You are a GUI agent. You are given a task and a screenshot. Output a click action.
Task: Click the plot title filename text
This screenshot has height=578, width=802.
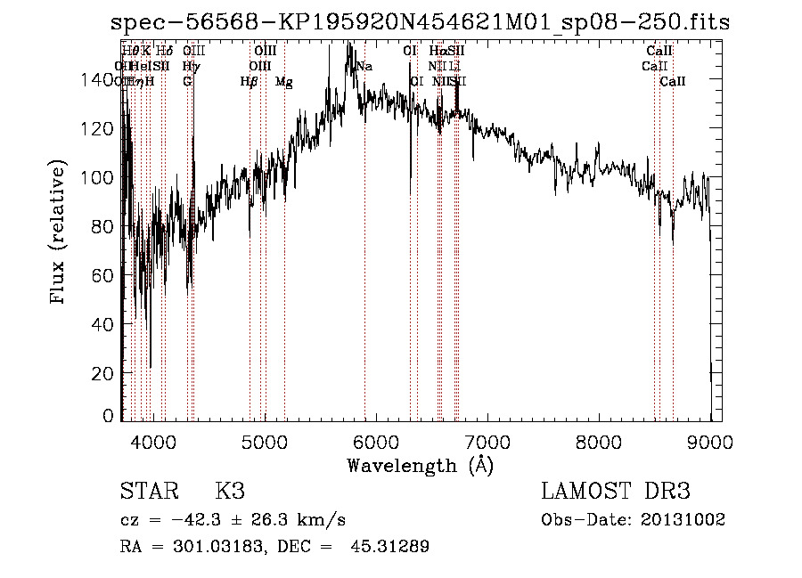[420, 23]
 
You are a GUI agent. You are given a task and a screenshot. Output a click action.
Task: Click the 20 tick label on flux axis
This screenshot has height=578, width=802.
[105, 374]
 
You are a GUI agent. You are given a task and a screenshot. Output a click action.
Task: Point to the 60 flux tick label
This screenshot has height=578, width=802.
[105, 276]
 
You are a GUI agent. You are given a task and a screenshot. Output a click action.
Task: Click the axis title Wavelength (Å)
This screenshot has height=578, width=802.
[420, 465]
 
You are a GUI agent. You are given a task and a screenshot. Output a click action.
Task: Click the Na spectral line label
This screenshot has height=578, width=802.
[364, 67]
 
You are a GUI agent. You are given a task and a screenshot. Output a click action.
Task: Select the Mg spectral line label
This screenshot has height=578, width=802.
[283, 82]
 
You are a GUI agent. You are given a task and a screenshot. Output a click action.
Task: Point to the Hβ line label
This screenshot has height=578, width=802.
[249, 82]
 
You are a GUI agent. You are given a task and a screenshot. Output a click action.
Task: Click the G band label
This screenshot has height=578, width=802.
[187, 82]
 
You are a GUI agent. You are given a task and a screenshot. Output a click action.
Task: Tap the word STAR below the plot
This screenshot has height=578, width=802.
[149, 492]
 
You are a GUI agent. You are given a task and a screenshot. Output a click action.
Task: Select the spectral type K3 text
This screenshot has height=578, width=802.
[230, 492]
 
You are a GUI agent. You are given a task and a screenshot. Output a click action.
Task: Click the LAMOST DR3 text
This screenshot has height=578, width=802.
[616, 492]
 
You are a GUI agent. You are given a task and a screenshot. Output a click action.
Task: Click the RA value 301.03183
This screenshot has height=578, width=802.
[204, 547]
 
